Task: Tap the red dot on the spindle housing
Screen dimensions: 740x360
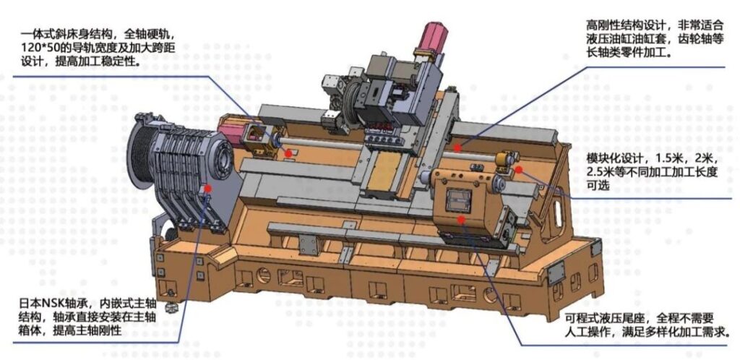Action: coord(208,187)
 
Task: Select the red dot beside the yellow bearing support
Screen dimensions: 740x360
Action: coord(518,169)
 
